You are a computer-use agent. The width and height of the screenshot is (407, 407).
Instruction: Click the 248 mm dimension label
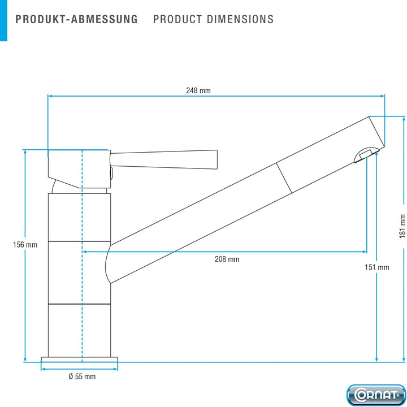[x=198, y=90]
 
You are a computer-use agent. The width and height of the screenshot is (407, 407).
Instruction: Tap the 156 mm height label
[x=25, y=245]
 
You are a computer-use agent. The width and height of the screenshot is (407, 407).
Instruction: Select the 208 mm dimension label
[x=227, y=259]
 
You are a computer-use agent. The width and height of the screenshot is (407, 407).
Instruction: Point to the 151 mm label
[x=377, y=267]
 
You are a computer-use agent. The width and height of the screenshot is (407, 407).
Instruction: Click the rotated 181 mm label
[x=402, y=226]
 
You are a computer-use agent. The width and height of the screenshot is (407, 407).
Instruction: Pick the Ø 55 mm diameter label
[x=82, y=376]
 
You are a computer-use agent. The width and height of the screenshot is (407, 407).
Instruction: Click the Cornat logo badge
[x=376, y=395]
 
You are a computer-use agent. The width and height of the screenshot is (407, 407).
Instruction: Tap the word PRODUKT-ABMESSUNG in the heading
[x=76, y=19]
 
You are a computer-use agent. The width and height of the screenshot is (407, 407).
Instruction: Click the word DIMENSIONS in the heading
[x=240, y=19]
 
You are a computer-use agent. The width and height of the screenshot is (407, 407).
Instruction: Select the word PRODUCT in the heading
[x=177, y=19]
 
